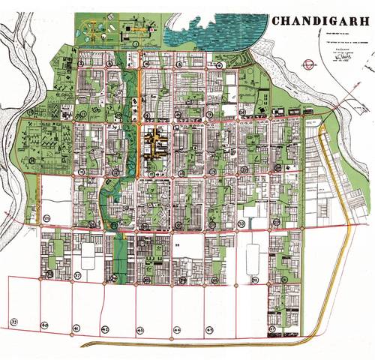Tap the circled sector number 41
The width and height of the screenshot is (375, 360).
click(76, 329)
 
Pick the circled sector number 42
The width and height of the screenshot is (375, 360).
click(106, 329)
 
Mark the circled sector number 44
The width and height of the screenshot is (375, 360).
click(176, 330)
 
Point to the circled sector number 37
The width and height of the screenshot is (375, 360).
click(77, 276)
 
